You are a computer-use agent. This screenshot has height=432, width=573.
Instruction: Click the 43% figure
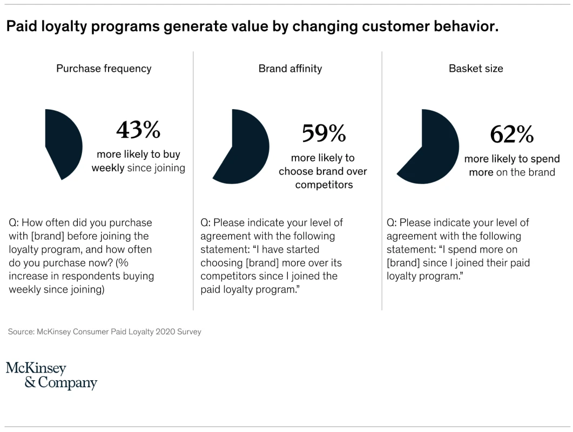(138, 130)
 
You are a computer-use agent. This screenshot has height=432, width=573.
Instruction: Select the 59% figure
(323, 133)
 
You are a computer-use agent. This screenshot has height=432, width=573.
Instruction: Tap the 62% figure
(511, 134)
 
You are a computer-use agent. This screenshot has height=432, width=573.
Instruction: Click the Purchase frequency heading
(104, 69)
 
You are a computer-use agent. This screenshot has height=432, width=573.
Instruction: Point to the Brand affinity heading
(290, 69)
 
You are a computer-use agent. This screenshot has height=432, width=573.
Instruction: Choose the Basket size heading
(476, 69)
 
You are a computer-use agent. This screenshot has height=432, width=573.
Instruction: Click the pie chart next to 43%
(62, 144)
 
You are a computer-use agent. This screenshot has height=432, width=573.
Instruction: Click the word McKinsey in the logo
(36, 369)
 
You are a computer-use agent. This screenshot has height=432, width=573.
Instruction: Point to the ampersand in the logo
(31, 383)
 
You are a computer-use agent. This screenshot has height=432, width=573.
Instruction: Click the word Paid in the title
(21, 26)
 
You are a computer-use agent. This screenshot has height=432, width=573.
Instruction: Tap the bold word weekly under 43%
(107, 168)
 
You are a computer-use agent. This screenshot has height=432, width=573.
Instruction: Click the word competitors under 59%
(323, 185)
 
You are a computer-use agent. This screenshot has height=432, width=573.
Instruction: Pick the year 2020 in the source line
(163, 332)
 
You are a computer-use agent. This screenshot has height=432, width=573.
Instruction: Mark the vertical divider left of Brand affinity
(193, 181)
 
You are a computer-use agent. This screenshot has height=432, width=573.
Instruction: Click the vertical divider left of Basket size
(382, 181)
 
